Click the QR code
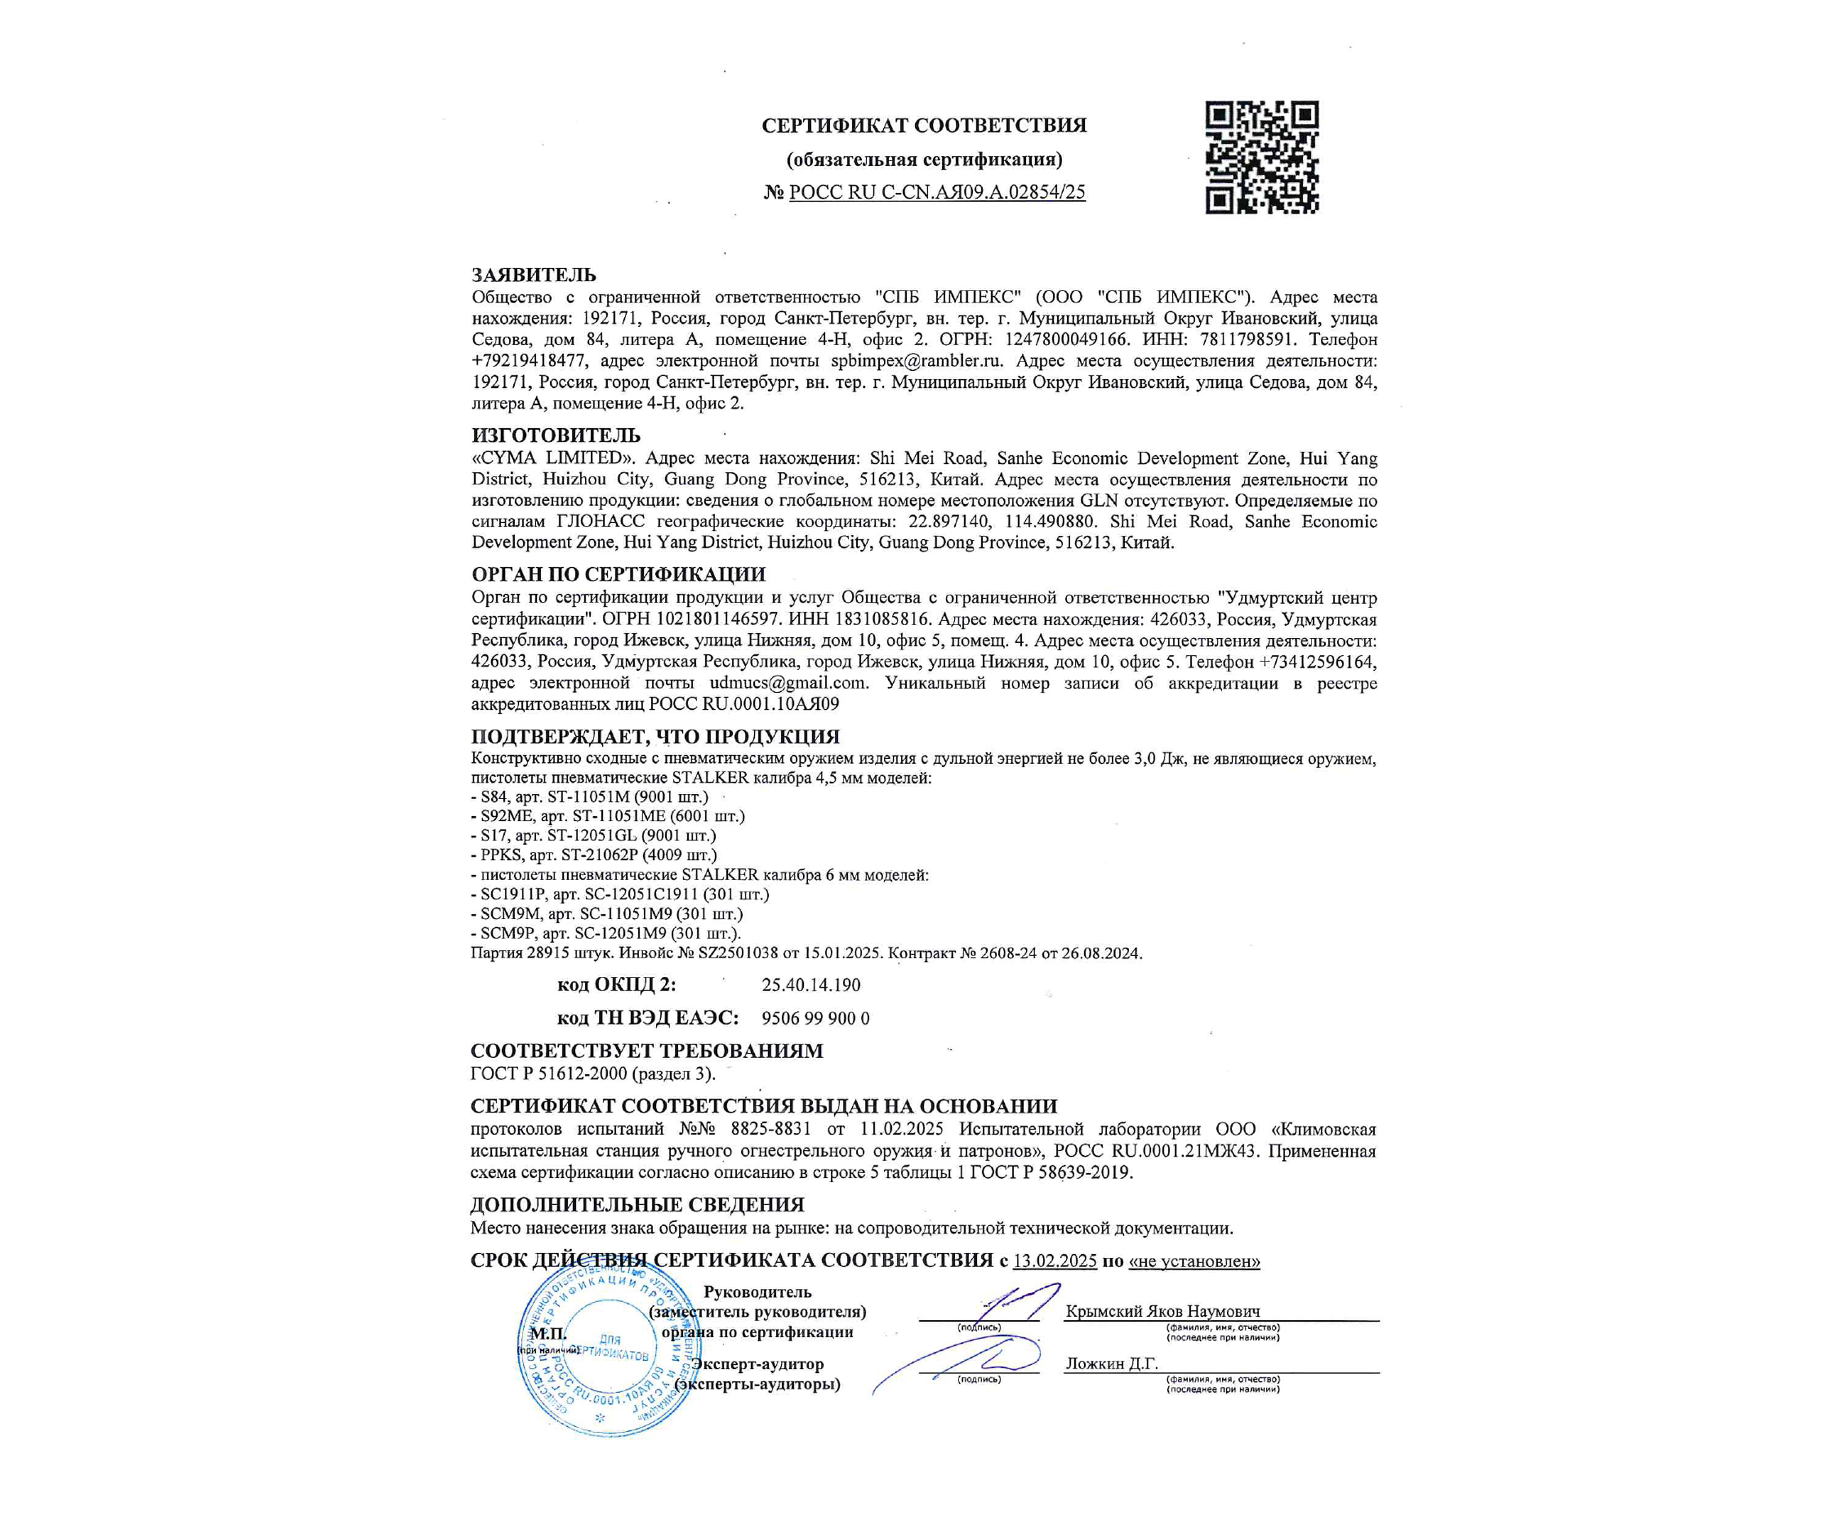point(1262,158)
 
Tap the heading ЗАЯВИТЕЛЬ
point(534,275)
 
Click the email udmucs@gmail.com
point(787,684)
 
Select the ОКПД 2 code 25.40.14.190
point(811,985)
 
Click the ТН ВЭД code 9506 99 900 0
point(816,1018)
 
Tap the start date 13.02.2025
point(1054,1261)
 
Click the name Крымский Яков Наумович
point(1163,1312)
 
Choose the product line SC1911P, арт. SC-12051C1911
point(624,894)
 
